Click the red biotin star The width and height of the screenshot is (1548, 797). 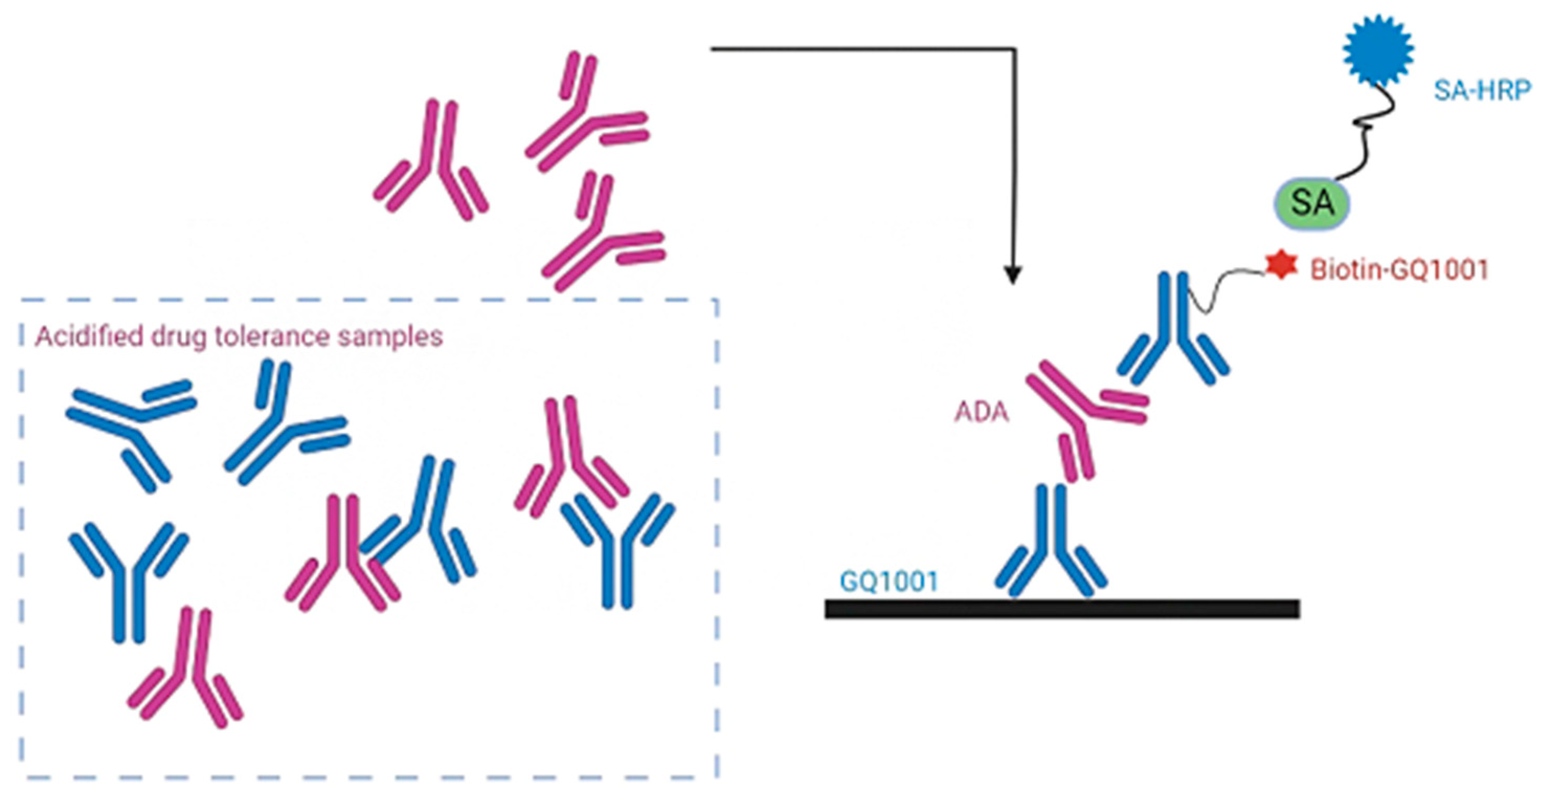1281,266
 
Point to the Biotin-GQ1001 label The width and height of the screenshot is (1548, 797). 1399,270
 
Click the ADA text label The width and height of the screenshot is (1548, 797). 981,412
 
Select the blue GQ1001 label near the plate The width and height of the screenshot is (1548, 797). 889,582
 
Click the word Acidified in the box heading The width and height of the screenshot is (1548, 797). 90,336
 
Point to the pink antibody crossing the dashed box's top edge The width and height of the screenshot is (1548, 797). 598,240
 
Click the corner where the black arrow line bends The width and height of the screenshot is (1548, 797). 1014,49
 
